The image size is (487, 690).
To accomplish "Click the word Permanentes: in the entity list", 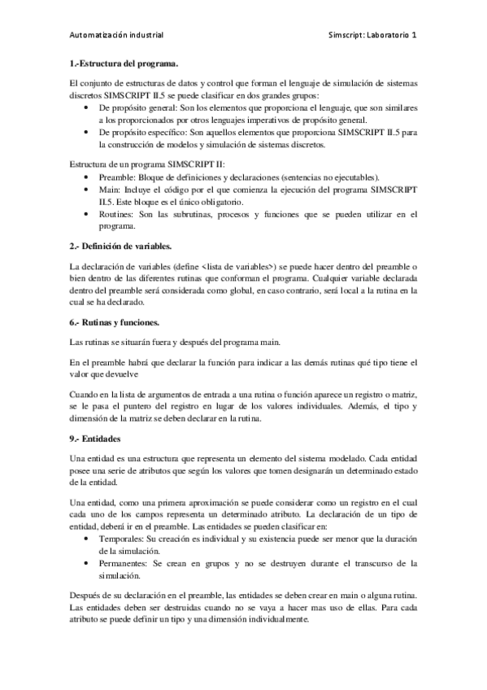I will [126, 563].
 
